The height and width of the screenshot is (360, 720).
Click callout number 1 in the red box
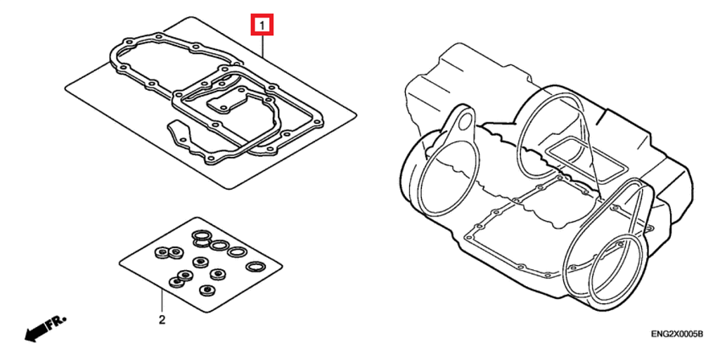coord(262,25)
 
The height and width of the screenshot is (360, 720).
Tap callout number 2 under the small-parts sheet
coord(162,320)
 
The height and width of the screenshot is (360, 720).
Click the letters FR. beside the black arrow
coord(58,320)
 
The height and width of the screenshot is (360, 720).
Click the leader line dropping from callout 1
coord(262,45)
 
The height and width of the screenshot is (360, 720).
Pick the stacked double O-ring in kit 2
coord(202,238)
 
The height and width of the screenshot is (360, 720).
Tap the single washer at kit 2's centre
coord(200,262)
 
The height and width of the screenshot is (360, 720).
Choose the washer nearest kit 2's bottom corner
coord(207,290)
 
